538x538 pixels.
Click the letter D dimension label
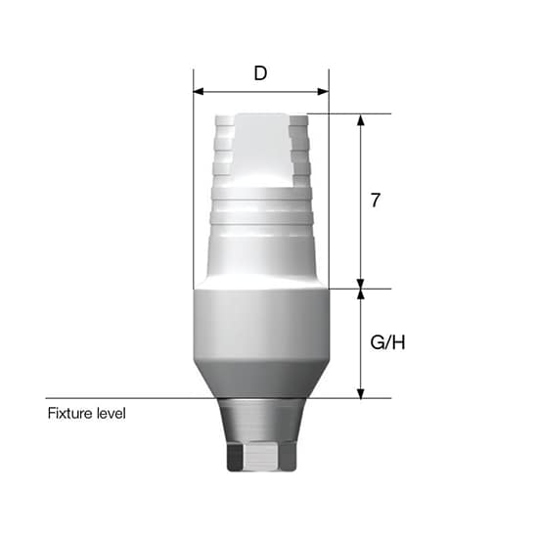coord(260,73)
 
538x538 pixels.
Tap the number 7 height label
coord(376,200)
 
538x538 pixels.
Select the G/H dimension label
coord(387,342)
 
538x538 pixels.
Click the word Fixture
coord(70,413)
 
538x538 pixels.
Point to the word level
coord(112,413)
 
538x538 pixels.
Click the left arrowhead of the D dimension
coord(199,92)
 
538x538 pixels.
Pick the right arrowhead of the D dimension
coord(324,92)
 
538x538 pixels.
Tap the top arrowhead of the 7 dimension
coord(361,119)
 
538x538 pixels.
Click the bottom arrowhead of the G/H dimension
coord(361,393)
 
